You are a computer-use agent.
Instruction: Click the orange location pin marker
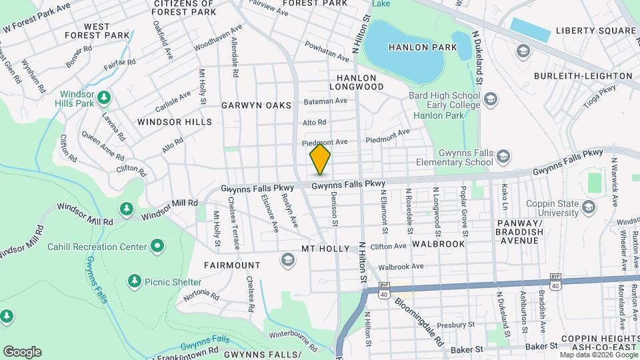(320, 159)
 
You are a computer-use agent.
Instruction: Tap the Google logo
(22, 352)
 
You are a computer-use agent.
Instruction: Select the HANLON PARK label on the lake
(424, 47)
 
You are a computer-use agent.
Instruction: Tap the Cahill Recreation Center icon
(157, 247)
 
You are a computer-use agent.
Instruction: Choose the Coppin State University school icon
(588, 208)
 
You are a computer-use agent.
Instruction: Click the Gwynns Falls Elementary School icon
(503, 157)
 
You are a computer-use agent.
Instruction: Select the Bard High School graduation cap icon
(491, 100)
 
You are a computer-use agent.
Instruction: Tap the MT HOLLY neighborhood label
(325, 249)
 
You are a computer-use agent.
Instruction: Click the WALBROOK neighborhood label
(438, 244)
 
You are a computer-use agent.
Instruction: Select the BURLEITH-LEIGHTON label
(583, 76)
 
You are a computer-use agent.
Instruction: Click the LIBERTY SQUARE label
(595, 31)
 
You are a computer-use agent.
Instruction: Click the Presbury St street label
(474, 325)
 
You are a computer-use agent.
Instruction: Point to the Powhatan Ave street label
(327, 48)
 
